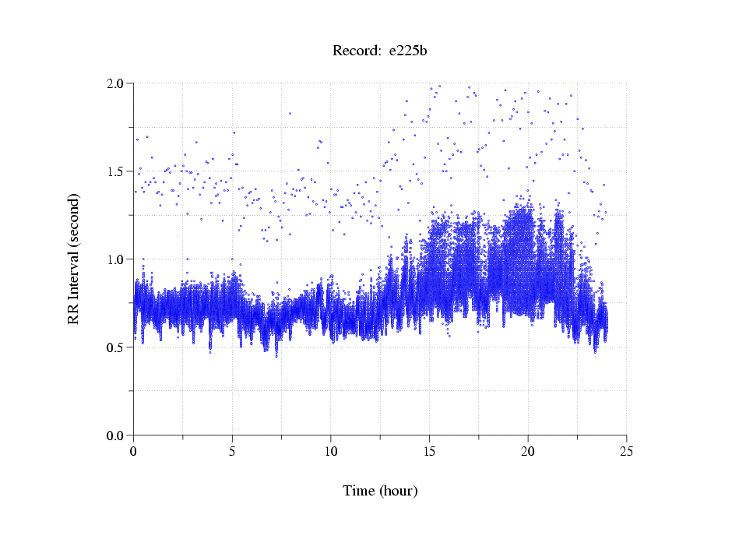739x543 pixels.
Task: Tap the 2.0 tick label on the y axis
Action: [x=118, y=83]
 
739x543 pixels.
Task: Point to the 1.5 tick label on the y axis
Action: [x=118, y=171]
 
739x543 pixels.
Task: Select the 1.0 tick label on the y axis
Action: [x=118, y=259]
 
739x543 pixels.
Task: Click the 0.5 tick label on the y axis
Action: [x=118, y=347]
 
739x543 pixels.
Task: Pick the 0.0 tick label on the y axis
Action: [x=118, y=435]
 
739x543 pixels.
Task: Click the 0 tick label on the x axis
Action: [x=134, y=451]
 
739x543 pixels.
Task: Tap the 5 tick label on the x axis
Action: [x=232, y=451]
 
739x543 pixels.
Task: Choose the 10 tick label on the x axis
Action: [x=331, y=451]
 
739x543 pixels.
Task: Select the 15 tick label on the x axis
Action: [x=429, y=451]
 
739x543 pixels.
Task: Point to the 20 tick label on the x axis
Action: [x=528, y=451]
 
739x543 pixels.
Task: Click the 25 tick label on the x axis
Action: [x=626, y=451]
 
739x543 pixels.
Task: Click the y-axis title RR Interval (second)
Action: [x=74, y=259]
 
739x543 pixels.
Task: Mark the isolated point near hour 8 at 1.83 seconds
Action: [x=290, y=113]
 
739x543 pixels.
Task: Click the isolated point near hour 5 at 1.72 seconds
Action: [x=234, y=132]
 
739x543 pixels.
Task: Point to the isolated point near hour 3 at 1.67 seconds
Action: [x=196, y=142]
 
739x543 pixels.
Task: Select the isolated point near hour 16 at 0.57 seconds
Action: [x=449, y=335]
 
